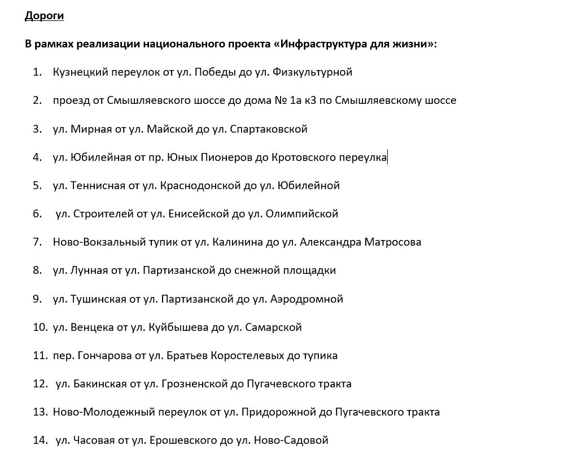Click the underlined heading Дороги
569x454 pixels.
[44, 16]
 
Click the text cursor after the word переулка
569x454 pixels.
[388, 157]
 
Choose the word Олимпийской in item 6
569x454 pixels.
[305, 214]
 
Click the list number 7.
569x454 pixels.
[37, 242]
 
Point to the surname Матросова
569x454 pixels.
[393, 242]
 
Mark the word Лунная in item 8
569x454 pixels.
[89, 270]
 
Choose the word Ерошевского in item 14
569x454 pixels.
[190, 440]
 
